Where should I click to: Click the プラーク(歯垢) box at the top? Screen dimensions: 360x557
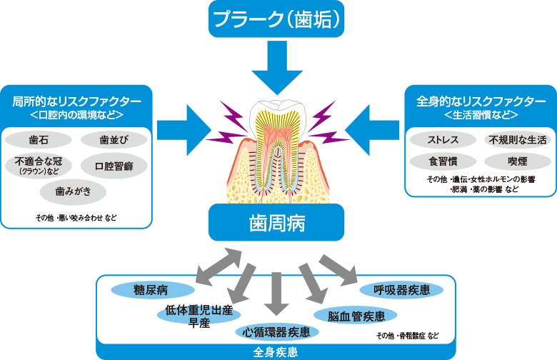276,19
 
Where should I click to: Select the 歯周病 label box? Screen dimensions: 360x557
276,223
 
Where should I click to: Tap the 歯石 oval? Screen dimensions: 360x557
39,139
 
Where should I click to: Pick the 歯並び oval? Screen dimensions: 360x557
114,139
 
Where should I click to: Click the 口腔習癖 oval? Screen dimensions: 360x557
114,165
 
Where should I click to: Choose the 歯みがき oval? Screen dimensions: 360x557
71,192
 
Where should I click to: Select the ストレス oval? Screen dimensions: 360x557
443,139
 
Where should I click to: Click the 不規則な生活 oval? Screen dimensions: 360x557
516,139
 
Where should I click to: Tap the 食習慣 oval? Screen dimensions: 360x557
443,161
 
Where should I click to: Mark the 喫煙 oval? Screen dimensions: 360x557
516,161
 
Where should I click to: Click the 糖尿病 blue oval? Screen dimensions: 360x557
151,289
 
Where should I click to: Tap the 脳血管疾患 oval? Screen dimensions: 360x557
351,315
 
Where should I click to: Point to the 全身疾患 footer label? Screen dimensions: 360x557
276,352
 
